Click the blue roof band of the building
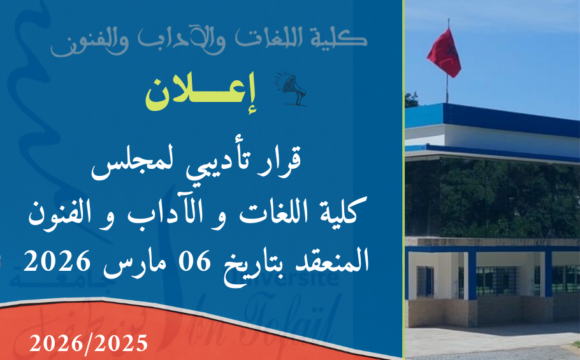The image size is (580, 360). (490, 121)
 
